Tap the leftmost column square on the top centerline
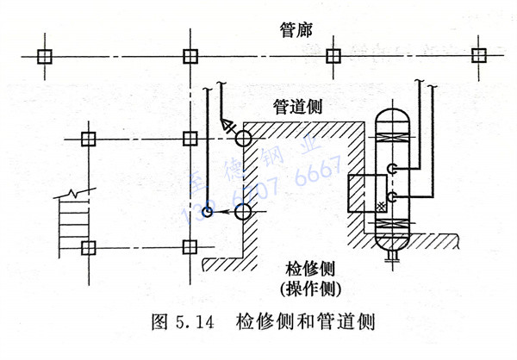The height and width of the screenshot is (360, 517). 45,56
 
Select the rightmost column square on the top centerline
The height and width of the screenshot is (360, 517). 477,56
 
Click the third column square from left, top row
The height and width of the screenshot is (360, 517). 333,56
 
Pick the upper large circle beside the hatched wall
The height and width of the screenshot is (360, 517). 242,138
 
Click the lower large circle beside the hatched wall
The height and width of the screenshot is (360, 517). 242,212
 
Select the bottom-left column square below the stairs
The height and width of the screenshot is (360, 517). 86,249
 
